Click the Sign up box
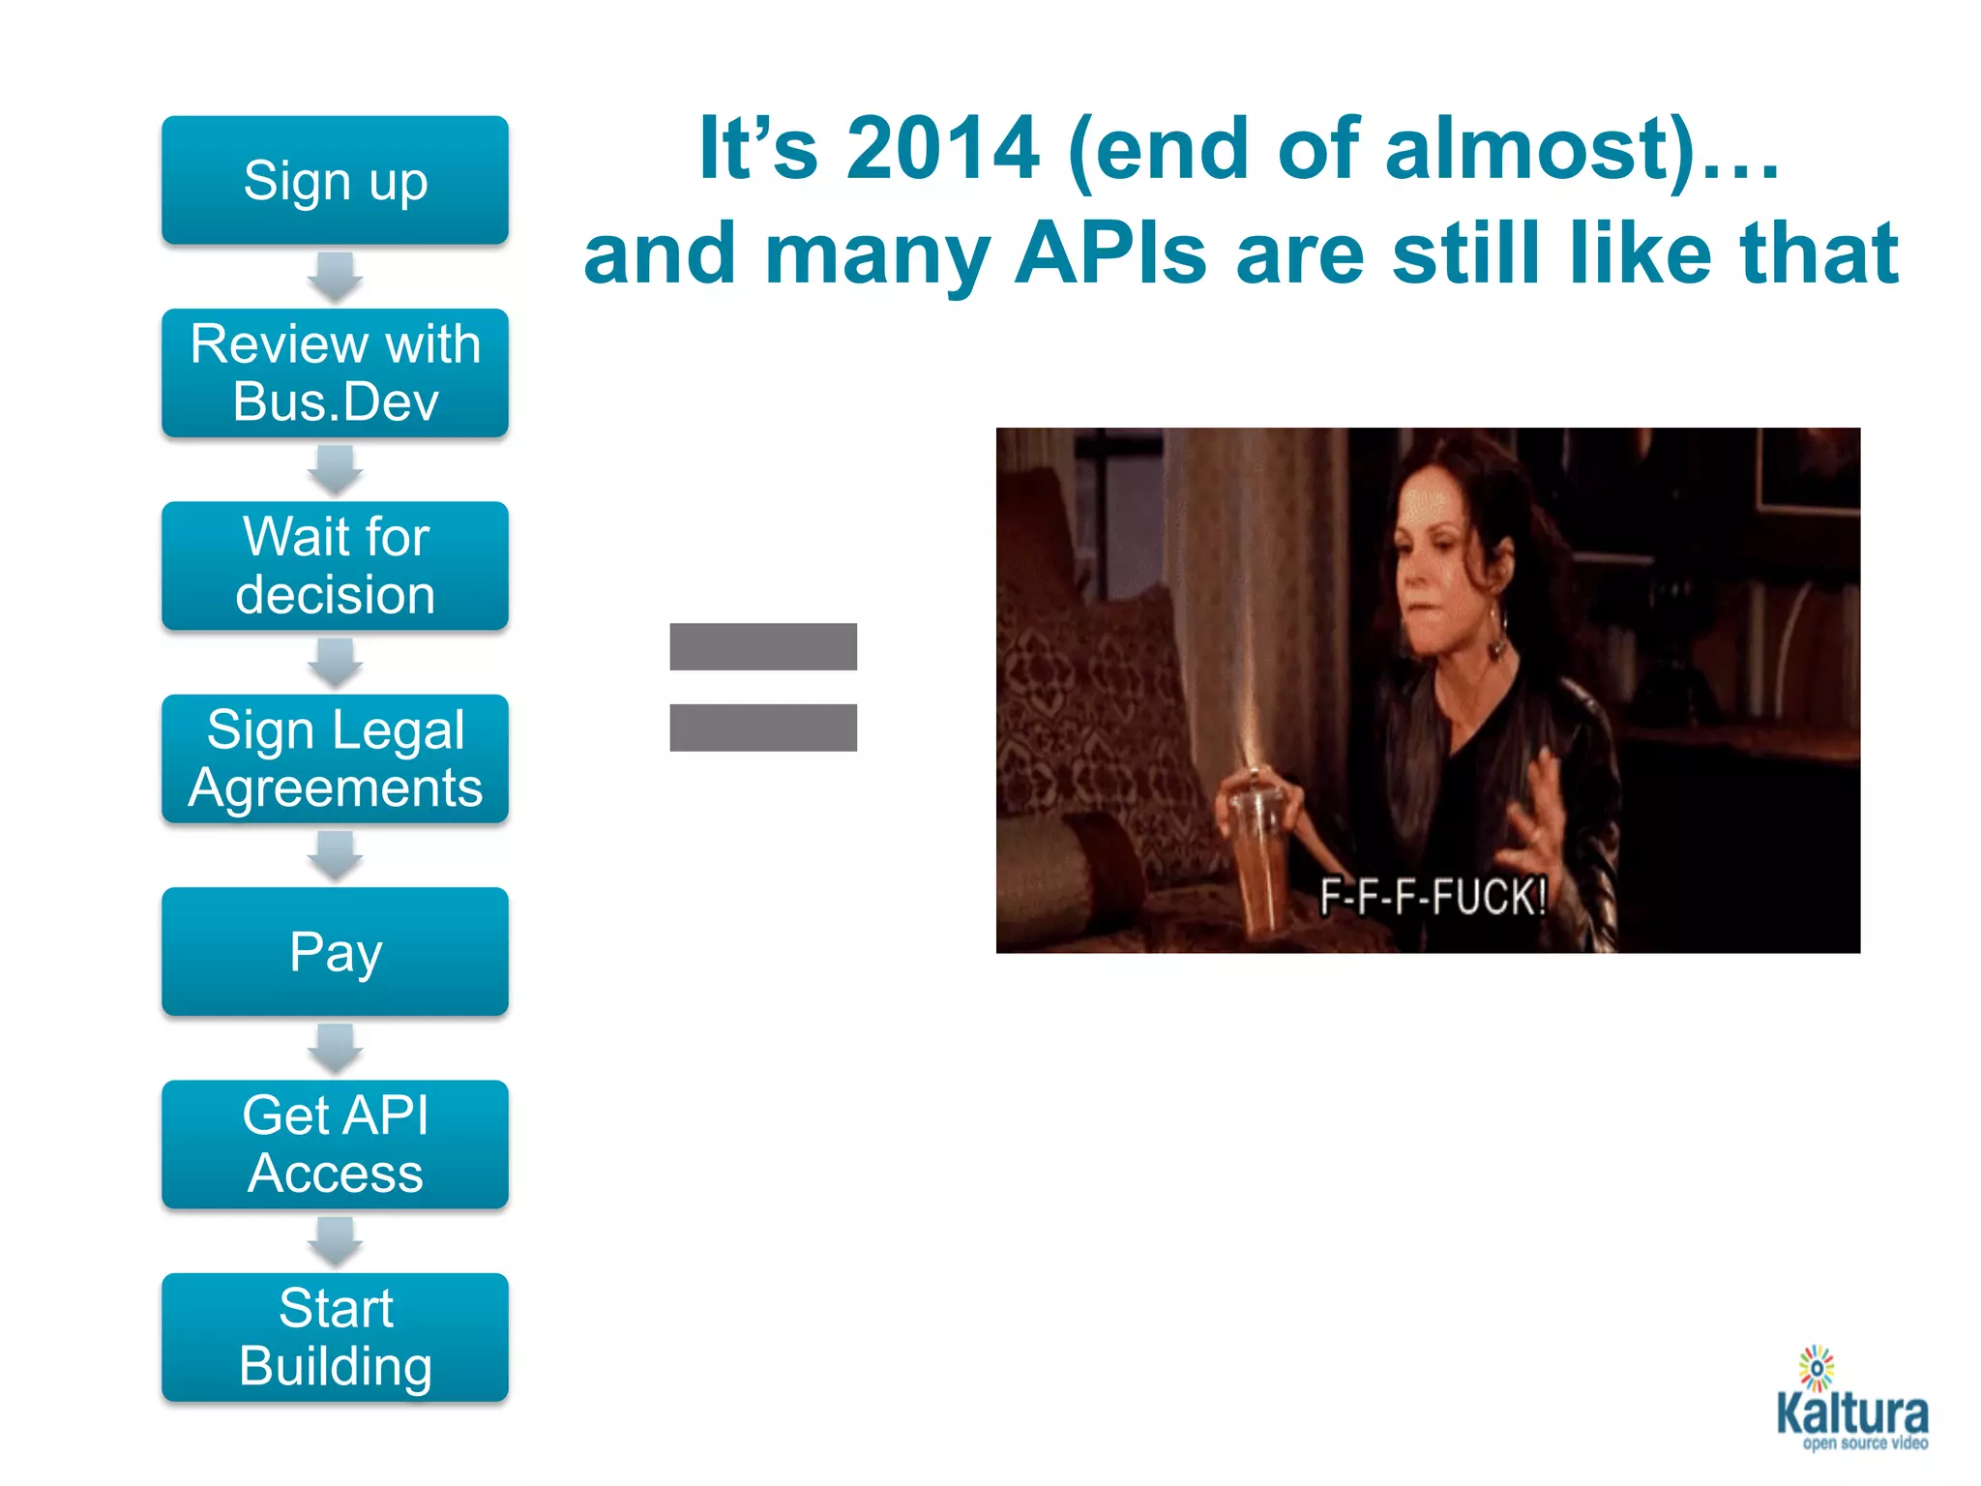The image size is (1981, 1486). pyautogui.click(x=335, y=181)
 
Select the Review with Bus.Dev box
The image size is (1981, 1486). pyautogui.click(x=335, y=373)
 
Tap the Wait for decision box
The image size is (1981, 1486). pyautogui.click(x=335, y=566)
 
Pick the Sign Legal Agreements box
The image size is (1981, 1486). pyautogui.click(x=335, y=758)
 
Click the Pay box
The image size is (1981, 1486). pyautogui.click(x=335, y=952)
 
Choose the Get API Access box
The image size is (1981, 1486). pyautogui.click(x=335, y=1144)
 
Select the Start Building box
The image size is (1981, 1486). pyautogui.click(x=335, y=1337)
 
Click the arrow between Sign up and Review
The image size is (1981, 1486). pyautogui.click(x=335, y=277)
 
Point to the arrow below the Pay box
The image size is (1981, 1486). pyautogui.click(x=335, y=1049)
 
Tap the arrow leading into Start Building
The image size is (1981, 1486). pyautogui.click(x=335, y=1241)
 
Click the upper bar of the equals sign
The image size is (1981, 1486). pyautogui.click(x=763, y=646)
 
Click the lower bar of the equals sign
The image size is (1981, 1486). pyautogui.click(x=763, y=728)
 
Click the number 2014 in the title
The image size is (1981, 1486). pyautogui.click(x=942, y=149)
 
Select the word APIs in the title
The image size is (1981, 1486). pyautogui.click(x=1111, y=253)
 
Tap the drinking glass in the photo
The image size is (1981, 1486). pyautogui.click(x=1261, y=851)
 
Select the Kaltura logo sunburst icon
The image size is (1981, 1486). pyautogui.click(x=1817, y=1368)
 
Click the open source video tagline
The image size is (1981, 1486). pyautogui.click(x=1864, y=1443)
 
